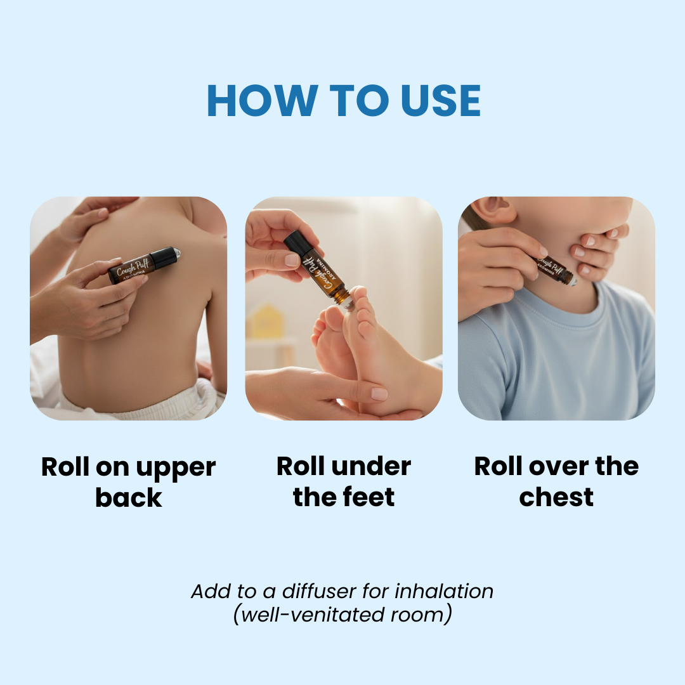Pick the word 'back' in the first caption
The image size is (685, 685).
point(129,497)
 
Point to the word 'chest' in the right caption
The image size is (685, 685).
point(556,497)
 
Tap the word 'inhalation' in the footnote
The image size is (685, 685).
point(444,591)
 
